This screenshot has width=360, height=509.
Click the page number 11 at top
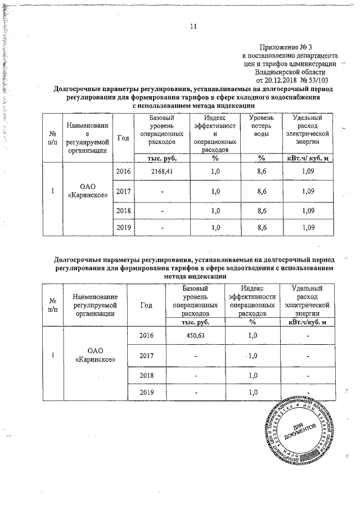point(194,26)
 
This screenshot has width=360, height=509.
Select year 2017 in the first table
point(122,192)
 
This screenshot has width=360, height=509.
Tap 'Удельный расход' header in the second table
point(308,296)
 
